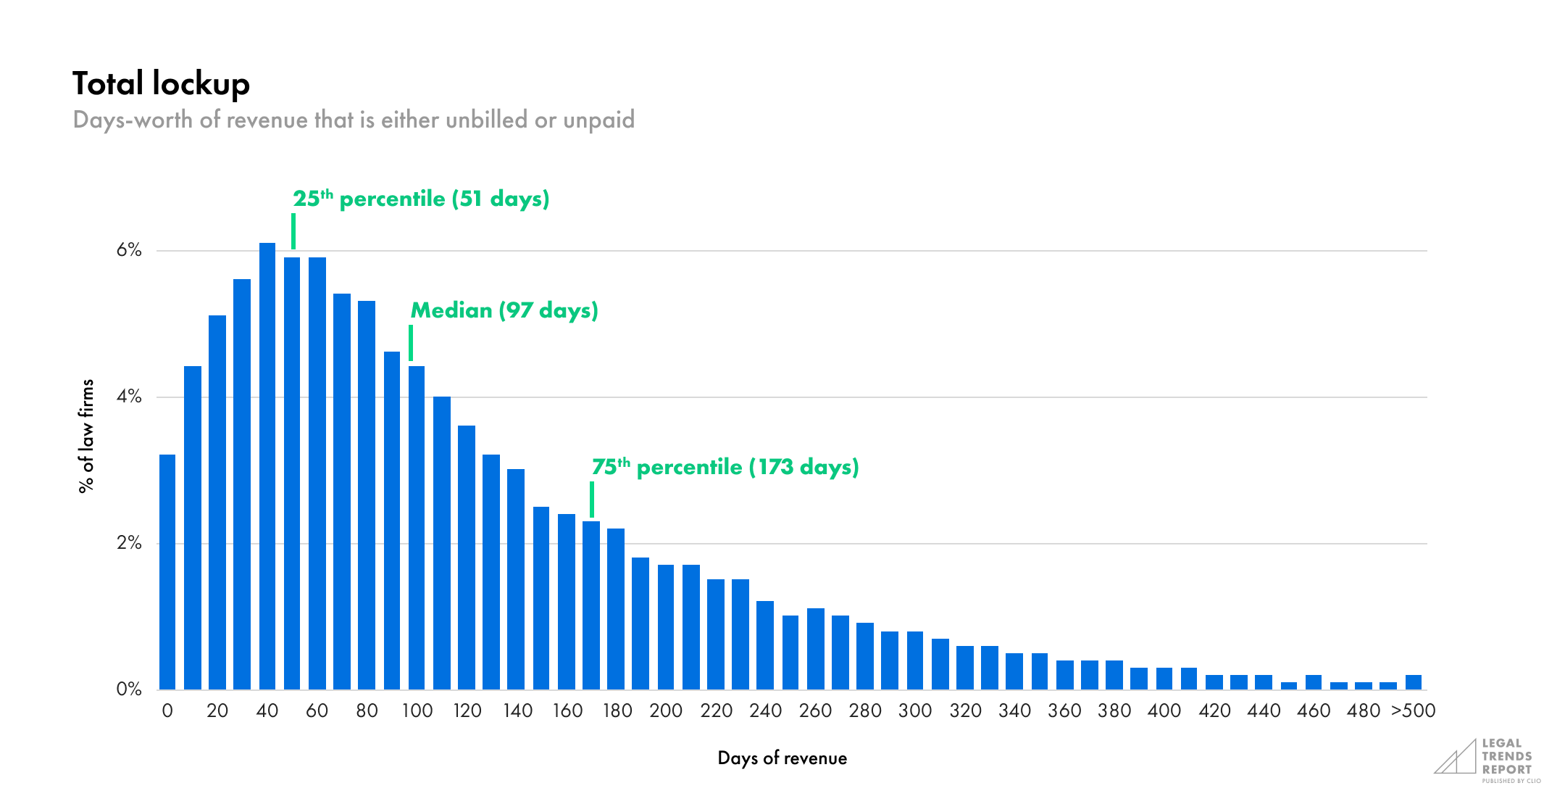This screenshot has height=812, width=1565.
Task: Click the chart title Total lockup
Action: tap(161, 84)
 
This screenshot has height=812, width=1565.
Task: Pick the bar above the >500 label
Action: tap(1413, 681)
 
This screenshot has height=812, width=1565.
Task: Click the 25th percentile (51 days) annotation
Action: tap(421, 199)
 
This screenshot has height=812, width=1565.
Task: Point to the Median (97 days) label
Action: tap(504, 310)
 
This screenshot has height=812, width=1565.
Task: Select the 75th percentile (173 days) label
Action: tap(725, 467)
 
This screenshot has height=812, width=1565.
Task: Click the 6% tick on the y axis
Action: tap(129, 250)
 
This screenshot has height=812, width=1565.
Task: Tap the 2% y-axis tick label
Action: tap(129, 543)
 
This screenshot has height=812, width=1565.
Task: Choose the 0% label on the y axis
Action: tap(129, 689)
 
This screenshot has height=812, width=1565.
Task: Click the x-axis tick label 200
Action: tap(666, 710)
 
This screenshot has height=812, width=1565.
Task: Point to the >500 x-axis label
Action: tap(1413, 710)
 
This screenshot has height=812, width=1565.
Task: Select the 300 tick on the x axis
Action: tap(915, 710)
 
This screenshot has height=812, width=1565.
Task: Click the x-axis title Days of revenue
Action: tap(782, 758)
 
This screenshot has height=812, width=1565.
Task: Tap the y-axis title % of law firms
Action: tap(86, 436)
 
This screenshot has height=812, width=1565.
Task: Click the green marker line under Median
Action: tap(411, 342)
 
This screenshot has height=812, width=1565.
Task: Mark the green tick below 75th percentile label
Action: tap(592, 499)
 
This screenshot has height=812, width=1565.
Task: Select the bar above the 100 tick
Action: tap(417, 527)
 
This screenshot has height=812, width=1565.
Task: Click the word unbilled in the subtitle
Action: tap(486, 120)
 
